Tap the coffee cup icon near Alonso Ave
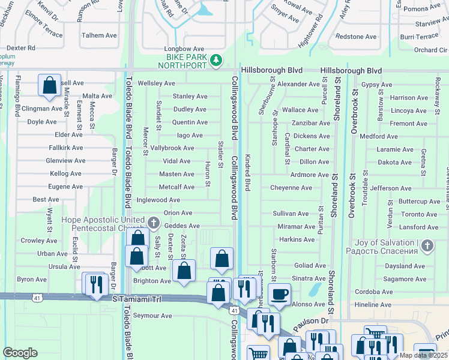point(279,294)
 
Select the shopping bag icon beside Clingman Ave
point(49,85)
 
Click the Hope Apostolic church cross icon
point(153,223)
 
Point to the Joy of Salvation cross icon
point(427,245)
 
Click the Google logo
point(20,353)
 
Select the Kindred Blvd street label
point(247,173)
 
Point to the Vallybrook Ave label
point(172,148)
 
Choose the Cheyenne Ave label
point(291,188)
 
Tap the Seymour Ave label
point(152,316)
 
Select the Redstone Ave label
point(357,37)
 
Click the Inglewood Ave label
point(158,200)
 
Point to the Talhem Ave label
point(99,35)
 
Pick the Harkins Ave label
point(297,239)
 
